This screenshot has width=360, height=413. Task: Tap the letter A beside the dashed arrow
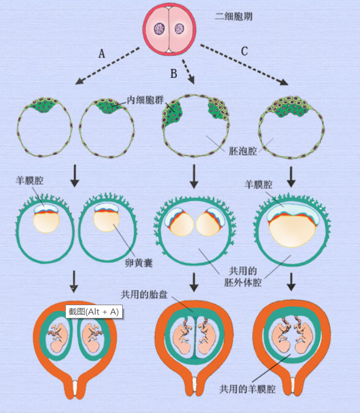click(x=102, y=54)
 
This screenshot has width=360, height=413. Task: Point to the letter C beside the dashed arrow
click(x=244, y=52)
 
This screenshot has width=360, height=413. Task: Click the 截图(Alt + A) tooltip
click(x=93, y=312)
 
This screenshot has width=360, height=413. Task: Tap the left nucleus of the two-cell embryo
click(x=159, y=29)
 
